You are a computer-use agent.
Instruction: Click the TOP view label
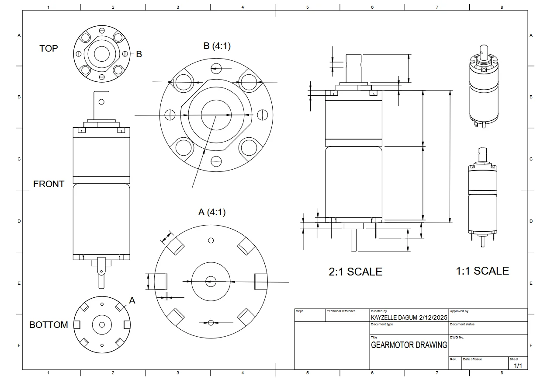(x=49, y=49)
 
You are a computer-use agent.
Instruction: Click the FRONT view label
(x=49, y=184)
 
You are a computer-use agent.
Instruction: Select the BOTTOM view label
(x=49, y=325)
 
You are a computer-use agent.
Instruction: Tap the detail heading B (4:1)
(x=217, y=46)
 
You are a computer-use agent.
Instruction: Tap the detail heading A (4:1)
(x=212, y=212)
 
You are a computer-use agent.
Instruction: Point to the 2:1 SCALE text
(x=355, y=272)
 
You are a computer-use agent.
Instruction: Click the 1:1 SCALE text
(x=482, y=271)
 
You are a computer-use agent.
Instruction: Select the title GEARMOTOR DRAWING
(x=409, y=345)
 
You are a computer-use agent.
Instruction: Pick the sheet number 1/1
(x=518, y=365)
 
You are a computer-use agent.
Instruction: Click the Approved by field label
(x=459, y=311)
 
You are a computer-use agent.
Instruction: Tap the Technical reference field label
(x=341, y=311)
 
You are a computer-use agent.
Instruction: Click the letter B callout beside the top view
(x=139, y=54)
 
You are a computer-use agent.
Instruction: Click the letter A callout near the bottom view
(x=132, y=300)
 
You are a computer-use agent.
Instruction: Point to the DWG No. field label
(x=457, y=338)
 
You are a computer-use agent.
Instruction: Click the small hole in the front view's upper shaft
(x=101, y=102)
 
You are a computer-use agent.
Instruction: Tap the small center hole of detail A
(x=211, y=281)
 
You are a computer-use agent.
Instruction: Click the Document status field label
(x=462, y=324)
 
